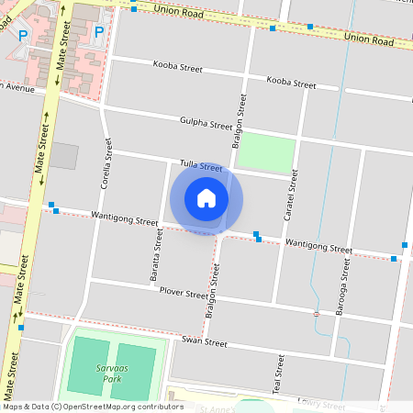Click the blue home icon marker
click(206, 197)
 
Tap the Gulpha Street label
click(206, 124)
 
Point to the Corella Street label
click(107, 162)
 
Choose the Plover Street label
click(184, 294)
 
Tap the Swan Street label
click(204, 341)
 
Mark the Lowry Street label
click(321, 405)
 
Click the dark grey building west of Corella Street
click(63, 155)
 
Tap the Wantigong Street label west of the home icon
click(125, 220)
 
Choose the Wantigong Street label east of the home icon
click(318, 247)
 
